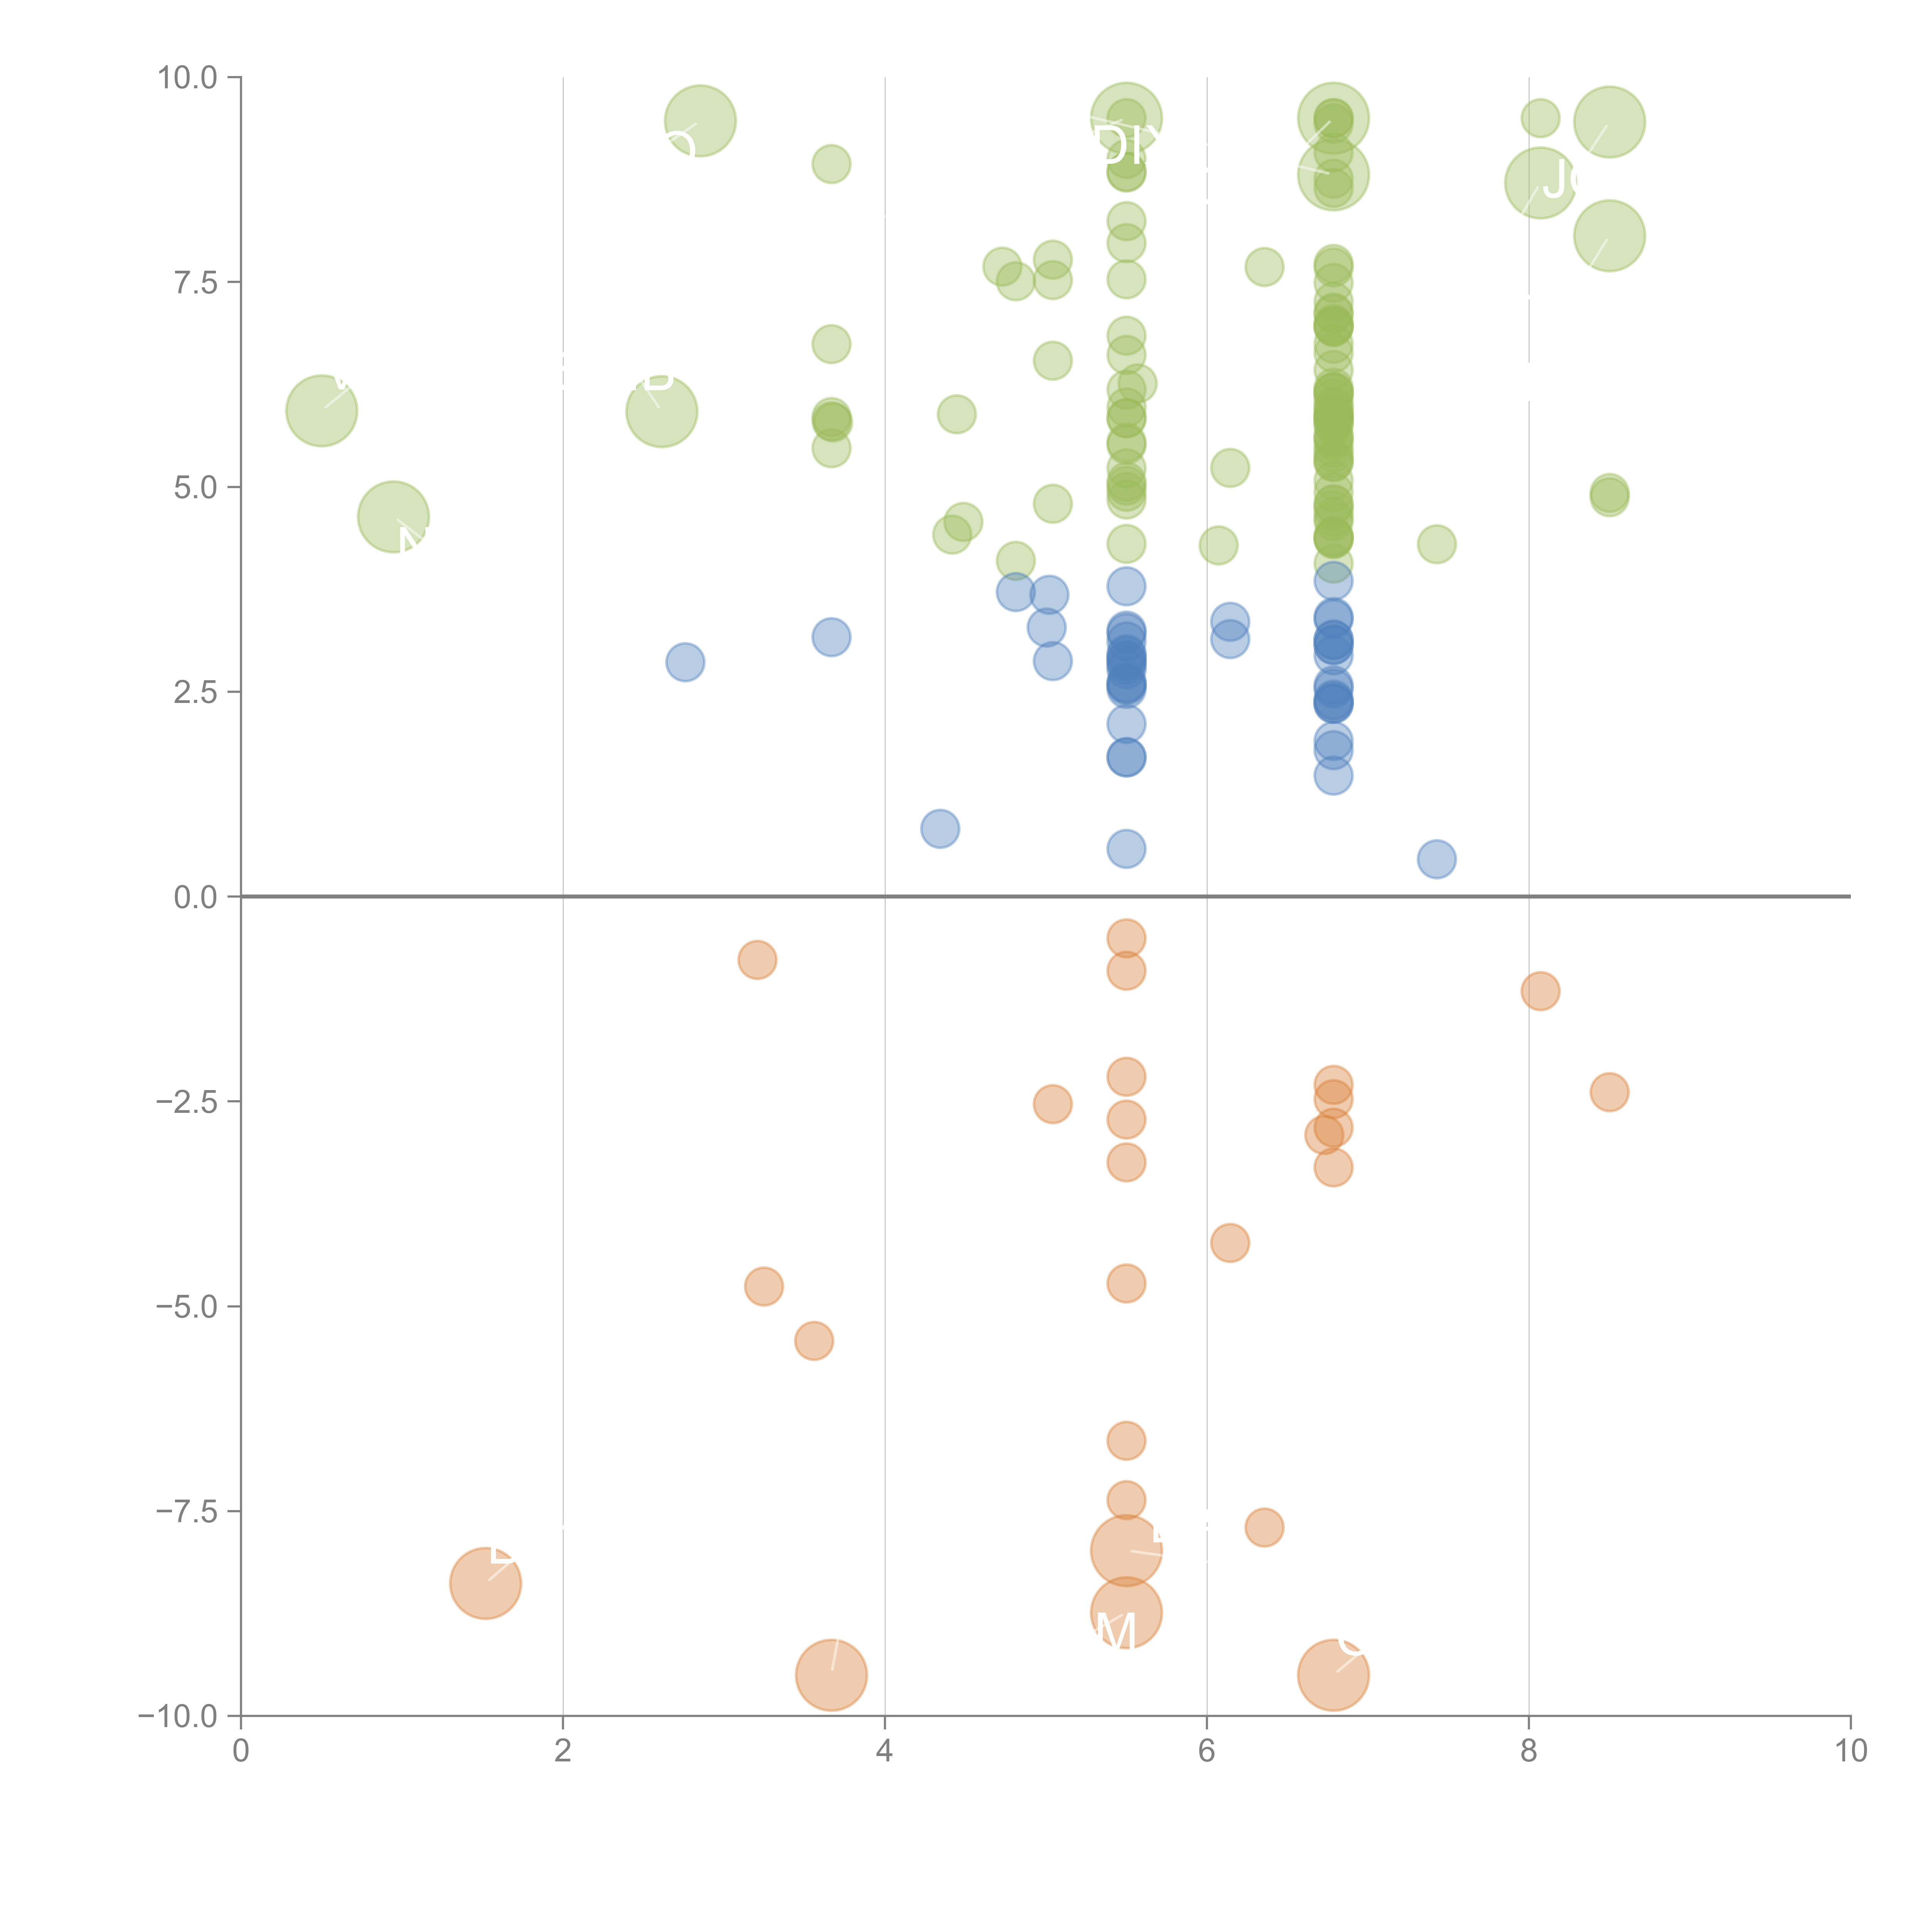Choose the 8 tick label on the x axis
(1529, 1751)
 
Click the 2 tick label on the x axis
(563, 1751)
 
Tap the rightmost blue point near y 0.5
(1436, 859)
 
